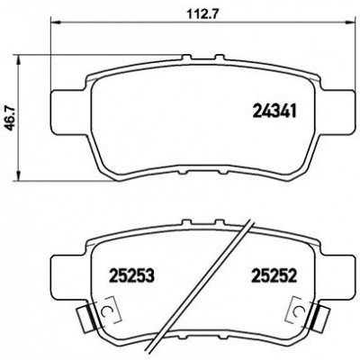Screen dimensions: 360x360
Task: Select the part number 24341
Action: [274, 111]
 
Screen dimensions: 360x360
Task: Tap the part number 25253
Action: [132, 275]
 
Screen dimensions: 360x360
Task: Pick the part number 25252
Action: [274, 275]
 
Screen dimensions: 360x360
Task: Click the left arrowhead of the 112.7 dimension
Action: [56, 22]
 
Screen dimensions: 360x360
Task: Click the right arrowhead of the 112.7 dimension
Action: [350, 22]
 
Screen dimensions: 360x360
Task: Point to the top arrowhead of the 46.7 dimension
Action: [19, 59]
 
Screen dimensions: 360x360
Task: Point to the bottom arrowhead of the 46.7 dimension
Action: [19, 175]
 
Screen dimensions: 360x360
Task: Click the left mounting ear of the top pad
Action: [69, 112]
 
